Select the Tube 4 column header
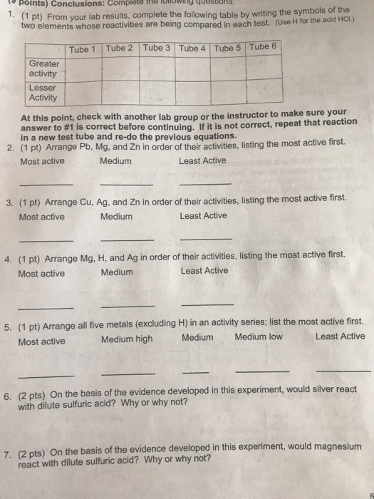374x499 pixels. pyautogui.click(x=192, y=48)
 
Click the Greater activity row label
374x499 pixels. pyautogui.click(x=45, y=68)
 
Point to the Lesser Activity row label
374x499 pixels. pyautogui.click(x=44, y=93)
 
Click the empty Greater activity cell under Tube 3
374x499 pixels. pyautogui.click(x=156, y=68)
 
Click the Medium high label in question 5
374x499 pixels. pyautogui.click(x=127, y=339)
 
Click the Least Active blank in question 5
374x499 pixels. pyautogui.click(x=343, y=371)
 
